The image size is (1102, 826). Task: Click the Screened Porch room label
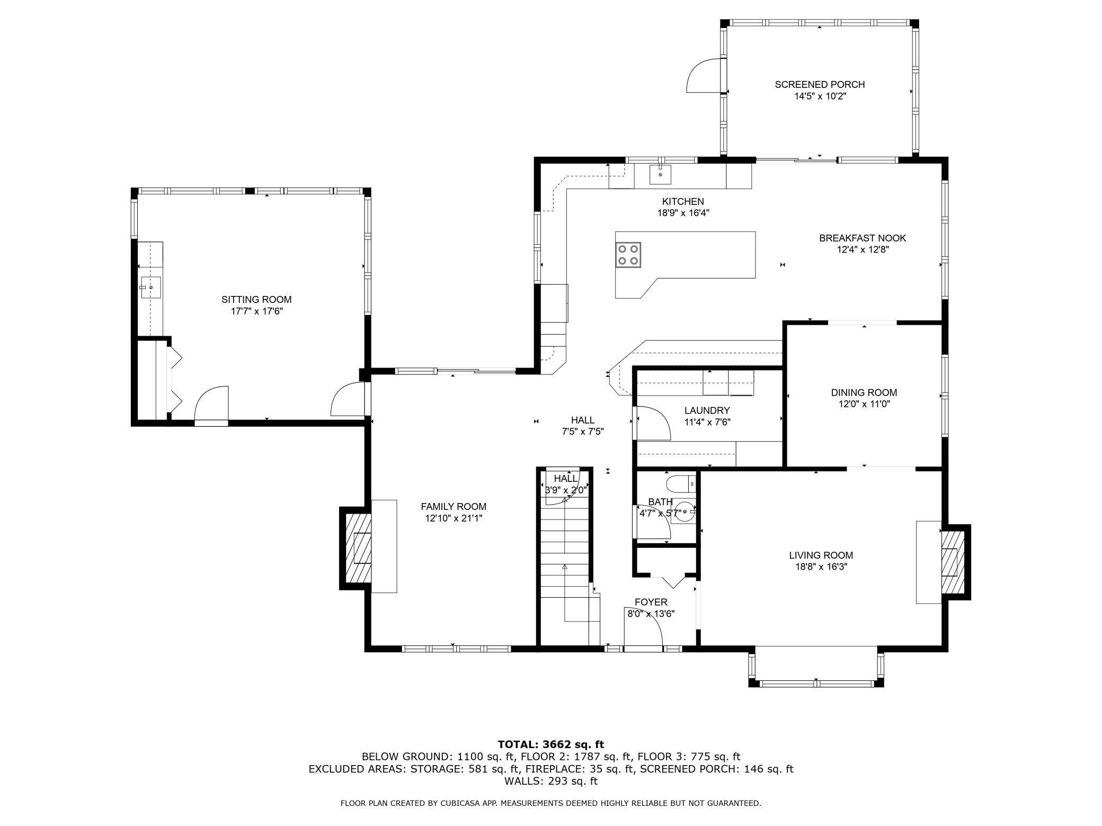[819, 84]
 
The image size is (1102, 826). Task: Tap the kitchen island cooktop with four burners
[628, 255]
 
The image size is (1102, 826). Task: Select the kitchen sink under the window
[660, 174]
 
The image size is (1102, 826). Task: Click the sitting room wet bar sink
[151, 288]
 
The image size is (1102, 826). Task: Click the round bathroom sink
[685, 512]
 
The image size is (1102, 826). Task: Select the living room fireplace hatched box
[953, 562]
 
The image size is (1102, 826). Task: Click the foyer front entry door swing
[644, 631]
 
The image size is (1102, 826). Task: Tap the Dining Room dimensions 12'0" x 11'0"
[864, 404]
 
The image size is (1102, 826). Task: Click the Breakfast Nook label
[863, 238]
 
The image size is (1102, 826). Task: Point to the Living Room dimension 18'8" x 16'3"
[821, 567]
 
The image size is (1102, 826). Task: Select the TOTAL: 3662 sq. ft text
[550, 744]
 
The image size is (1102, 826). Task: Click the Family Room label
[454, 506]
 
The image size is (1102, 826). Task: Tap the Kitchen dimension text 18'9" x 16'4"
[683, 213]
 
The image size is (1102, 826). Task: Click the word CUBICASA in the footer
[461, 803]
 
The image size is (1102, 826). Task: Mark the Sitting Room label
[256, 299]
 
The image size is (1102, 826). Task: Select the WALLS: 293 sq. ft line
[550, 780]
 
